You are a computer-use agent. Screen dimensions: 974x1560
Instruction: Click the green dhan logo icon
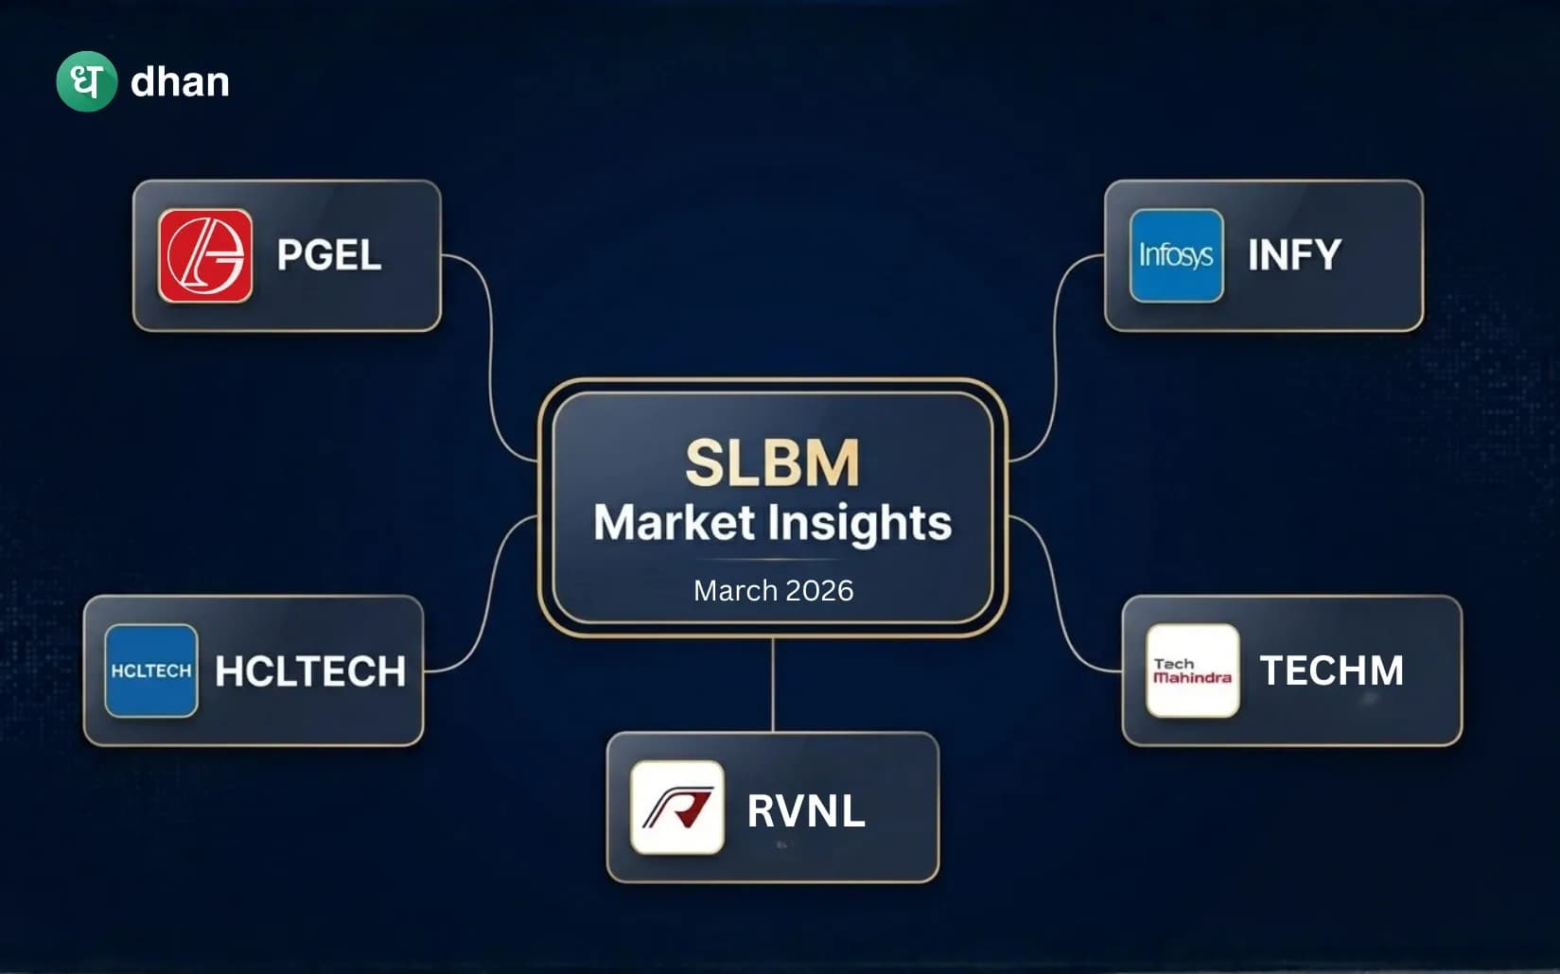(86, 81)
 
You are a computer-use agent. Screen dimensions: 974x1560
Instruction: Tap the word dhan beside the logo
(180, 82)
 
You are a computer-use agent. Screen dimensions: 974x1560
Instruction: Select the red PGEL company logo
(205, 255)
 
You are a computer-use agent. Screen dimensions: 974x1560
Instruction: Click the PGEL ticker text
(328, 255)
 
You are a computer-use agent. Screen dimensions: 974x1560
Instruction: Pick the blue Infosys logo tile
(1176, 255)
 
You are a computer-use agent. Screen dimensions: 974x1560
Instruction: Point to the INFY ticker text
(1293, 255)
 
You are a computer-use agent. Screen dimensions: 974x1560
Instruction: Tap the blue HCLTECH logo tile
(151, 670)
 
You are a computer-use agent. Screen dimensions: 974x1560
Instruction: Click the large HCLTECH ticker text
(310, 671)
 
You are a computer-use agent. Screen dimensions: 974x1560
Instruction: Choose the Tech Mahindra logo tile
(1192, 670)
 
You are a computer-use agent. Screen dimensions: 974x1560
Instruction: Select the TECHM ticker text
(1331, 670)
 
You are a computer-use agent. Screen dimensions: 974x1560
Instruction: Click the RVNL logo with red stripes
(677, 808)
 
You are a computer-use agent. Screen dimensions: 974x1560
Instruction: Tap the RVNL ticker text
(805, 810)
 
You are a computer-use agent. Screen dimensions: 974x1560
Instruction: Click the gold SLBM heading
(772, 462)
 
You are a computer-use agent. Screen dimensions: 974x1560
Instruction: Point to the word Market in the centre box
(674, 523)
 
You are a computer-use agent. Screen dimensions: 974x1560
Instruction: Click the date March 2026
(773, 590)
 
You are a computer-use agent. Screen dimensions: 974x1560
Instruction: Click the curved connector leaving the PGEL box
(491, 359)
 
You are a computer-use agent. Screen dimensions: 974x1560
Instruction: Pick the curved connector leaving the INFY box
(1055, 359)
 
